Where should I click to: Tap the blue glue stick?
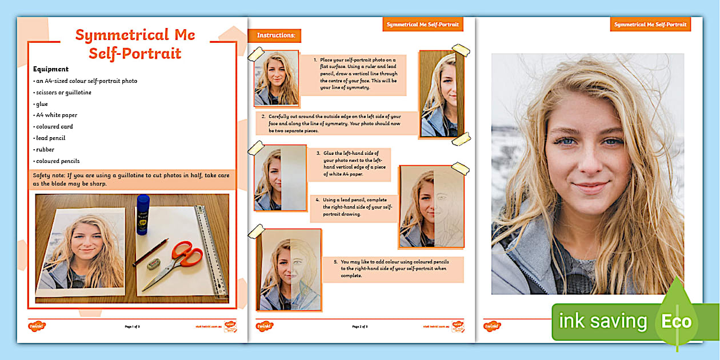pyautogui.click(x=142, y=214)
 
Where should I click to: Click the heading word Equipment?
pyautogui.click(x=51, y=69)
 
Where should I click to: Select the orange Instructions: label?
pyautogui.click(x=275, y=35)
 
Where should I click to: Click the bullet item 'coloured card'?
pyautogui.click(x=54, y=127)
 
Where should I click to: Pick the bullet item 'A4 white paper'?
pyautogui.click(x=57, y=115)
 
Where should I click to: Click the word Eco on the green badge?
pyautogui.click(x=677, y=322)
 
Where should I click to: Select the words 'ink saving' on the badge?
pyautogui.click(x=602, y=322)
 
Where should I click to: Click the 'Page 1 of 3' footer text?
pyautogui.click(x=132, y=326)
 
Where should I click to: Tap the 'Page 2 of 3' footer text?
pyautogui.click(x=360, y=326)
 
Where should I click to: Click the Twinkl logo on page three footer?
pyautogui.click(x=492, y=326)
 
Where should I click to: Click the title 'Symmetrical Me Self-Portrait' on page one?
pyautogui.click(x=135, y=44)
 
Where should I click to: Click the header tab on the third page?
pyautogui.click(x=650, y=25)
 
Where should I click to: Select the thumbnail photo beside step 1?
pyautogui.click(x=276, y=78)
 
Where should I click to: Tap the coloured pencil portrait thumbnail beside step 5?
pyautogui.click(x=289, y=270)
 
